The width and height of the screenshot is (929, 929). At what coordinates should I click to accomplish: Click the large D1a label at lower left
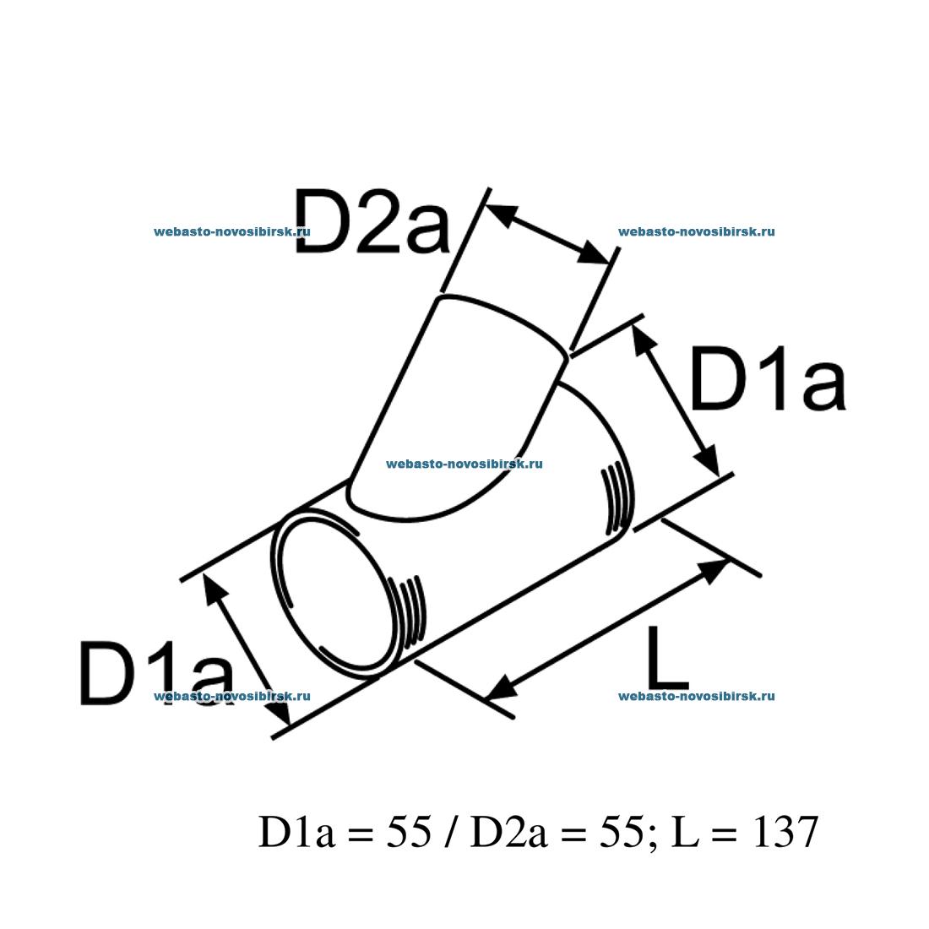(156, 673)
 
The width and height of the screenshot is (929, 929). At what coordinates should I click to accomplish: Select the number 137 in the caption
(785, 833)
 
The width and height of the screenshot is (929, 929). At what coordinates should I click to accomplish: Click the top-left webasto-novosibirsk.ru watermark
(232, 231)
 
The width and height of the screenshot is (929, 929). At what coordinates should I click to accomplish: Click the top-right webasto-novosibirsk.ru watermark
(696, 231)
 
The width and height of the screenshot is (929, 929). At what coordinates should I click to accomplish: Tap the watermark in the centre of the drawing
(464, 463)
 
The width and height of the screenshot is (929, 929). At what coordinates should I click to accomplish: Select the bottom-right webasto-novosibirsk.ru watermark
(696, 696)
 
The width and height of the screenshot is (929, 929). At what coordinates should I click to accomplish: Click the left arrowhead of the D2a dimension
(500, 215)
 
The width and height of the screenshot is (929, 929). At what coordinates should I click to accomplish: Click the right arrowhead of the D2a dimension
(595, 255)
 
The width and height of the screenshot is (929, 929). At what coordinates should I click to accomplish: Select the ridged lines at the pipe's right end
(616, 498)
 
